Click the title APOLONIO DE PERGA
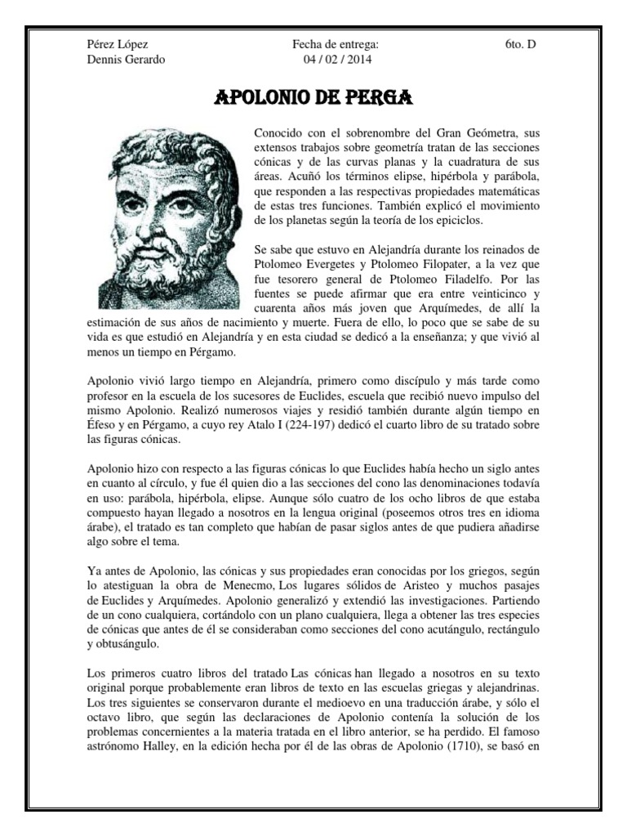coord(313,99)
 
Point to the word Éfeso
coord(102,425)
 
